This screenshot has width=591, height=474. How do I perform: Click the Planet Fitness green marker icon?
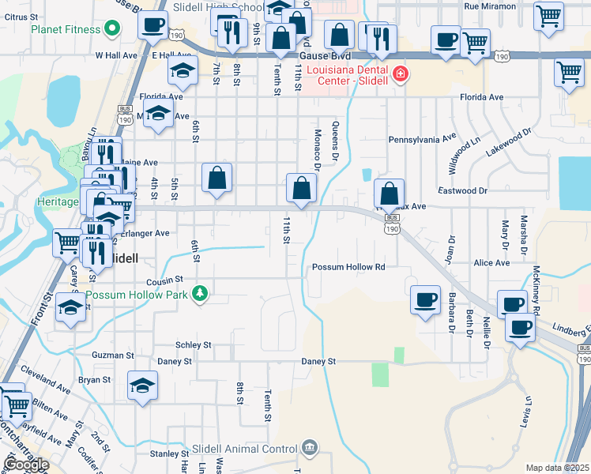111,30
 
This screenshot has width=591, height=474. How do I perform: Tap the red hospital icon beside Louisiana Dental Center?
401,74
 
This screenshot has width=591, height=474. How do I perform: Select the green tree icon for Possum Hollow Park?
201,295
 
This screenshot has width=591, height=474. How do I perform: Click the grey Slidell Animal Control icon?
309,449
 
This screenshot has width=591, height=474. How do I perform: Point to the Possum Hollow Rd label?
348,267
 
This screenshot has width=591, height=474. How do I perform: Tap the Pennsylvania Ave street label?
422,139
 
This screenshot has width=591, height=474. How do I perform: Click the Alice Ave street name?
491,262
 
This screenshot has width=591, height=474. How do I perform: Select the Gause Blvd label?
325,57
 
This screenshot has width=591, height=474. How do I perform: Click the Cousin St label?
164,280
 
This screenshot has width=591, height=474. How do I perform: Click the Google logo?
27,465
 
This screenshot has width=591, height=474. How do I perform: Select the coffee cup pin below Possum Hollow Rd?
426,300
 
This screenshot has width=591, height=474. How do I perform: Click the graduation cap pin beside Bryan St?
143,386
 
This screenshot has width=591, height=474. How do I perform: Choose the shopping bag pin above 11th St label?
301,188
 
